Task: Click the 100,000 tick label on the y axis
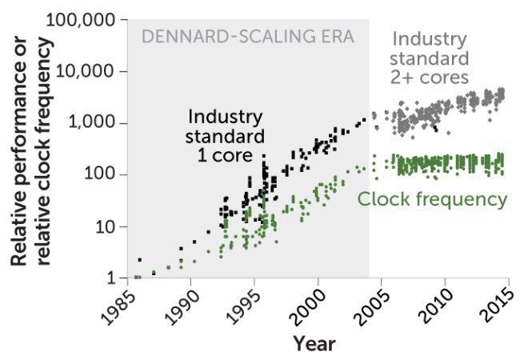[82, 19]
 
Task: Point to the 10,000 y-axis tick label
[88, 71]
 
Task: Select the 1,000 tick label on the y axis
[94, 123]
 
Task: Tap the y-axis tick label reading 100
[102, 174]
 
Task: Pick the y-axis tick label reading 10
[106, 226]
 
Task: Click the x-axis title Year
[314, 344]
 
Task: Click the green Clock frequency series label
[432, 199]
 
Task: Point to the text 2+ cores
[430, 76]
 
